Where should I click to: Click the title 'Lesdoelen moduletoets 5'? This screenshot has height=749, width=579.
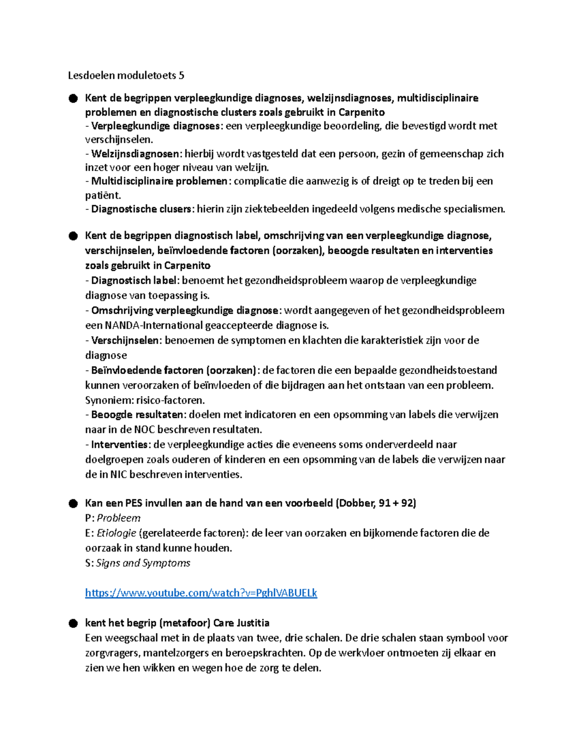coord(126,75)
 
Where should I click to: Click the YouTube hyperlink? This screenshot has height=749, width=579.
coord(201,593)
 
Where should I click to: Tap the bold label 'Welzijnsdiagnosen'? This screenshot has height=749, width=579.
coord(135,154)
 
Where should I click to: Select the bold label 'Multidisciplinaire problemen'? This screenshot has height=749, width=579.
coord(159,181)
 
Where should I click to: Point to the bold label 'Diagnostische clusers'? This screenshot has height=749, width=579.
coord(142,209)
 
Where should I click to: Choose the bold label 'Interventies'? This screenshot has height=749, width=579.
coord(119,444)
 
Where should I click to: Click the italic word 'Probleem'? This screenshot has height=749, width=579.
coord(119,518)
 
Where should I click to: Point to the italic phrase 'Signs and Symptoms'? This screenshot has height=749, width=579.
coord(143,563)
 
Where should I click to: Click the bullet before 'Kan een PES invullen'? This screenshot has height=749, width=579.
coord(73,504)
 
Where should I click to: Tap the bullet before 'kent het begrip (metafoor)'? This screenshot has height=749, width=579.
coord(73,623)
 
